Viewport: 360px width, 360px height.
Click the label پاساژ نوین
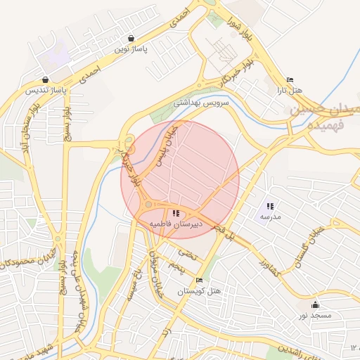click(131, 50)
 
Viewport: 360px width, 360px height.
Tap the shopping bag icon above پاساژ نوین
click(131, 39)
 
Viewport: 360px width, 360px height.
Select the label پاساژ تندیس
click(46, 91)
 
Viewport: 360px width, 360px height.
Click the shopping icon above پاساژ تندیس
click(46, 79)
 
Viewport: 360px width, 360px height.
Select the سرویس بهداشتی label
click(202, 103)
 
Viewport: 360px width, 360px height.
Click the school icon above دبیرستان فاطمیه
click(175, 212)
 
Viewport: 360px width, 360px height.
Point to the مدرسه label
click(270, 217)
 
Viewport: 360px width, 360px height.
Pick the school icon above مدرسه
click(270, 206)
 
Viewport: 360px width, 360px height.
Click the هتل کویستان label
click(199, 291)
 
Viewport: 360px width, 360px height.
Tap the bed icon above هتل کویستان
click(199, 280)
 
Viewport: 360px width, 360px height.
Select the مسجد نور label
click(315, 316)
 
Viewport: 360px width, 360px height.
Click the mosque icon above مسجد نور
click(315, 304)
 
